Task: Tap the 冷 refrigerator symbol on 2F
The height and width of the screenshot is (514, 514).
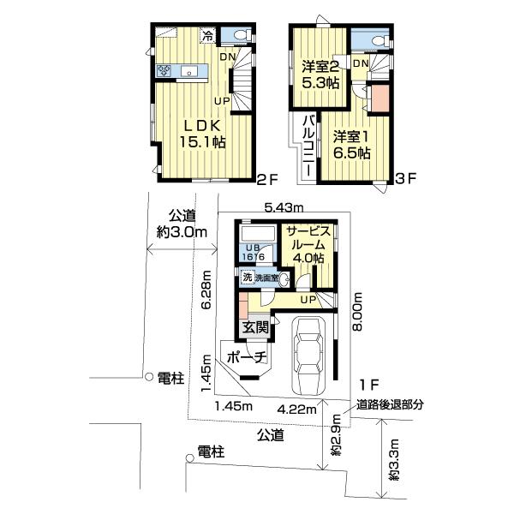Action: [x=207, y=36]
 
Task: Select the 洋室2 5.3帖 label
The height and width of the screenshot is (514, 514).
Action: [x=320, y=75]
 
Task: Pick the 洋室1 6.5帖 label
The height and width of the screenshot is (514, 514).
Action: [x=351, y=144]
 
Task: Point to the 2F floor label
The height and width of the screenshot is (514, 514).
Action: [x=268, y=180]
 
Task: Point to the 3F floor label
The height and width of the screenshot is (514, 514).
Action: [x=405, y=180]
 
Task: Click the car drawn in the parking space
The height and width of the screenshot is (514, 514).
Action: [x=309, y=351]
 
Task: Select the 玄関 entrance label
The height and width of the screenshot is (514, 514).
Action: [x=255, y=327]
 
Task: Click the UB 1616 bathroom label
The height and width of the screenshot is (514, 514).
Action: [x=253, y=253]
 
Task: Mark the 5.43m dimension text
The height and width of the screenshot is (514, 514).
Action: [x=284, y=206]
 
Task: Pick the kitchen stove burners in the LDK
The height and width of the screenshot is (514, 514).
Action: [x=163, y=72]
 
